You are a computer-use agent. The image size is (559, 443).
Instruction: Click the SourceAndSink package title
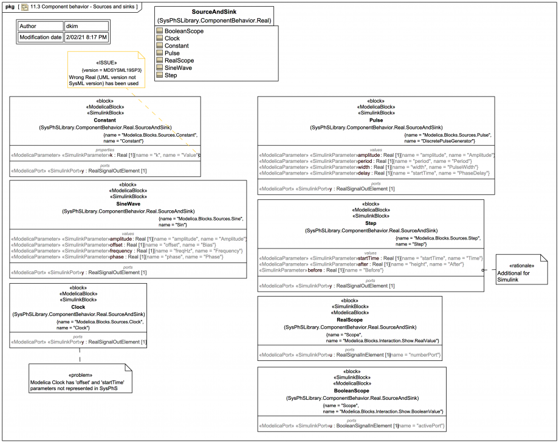(214, 12)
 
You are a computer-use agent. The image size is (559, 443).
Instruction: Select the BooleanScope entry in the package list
(183, 31)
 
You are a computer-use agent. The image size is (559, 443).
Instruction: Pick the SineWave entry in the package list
(178, 67)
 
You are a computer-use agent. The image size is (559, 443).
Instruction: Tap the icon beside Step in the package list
(160, 75)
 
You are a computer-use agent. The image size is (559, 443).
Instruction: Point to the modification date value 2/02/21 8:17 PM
(86, 38)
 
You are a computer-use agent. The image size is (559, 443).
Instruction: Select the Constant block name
(105, 120)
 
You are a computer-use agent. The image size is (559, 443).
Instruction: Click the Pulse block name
(376, 120)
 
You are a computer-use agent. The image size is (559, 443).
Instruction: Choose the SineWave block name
(128, 204)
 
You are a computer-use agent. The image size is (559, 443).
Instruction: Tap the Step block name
(371, 224)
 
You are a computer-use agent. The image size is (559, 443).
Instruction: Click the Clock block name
(78, 307)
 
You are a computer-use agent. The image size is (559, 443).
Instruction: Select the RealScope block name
(349, 320)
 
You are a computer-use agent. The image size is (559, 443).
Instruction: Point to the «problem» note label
(80, 375)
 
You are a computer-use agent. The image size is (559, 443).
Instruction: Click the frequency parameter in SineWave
(123, 250)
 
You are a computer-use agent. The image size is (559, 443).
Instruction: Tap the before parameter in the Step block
(314, 270)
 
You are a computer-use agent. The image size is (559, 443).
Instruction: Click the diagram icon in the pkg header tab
(25, 7)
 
